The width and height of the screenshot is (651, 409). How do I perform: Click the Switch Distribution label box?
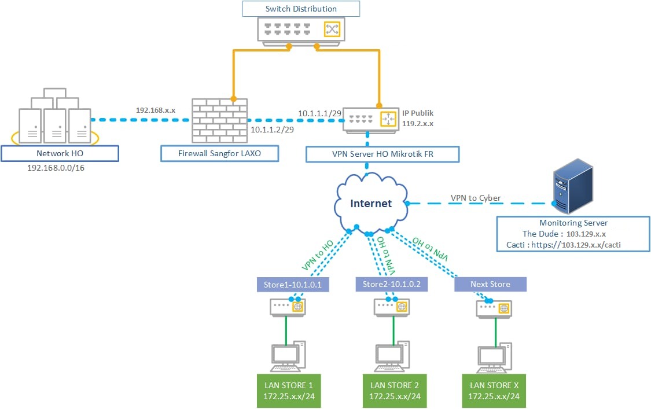[301, 9]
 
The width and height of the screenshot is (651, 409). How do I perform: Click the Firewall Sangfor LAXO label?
[220, 153]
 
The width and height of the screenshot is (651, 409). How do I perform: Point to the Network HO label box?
[60, 153]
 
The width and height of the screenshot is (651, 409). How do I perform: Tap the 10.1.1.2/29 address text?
[272, 130]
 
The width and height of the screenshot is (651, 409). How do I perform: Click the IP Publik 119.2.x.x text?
[418, 118]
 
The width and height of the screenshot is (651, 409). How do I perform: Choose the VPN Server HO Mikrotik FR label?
[382, 154]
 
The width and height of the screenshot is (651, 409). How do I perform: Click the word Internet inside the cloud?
[371, 203]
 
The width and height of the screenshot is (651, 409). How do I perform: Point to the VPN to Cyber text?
[476, 198]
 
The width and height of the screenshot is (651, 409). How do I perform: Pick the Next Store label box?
[490, 284]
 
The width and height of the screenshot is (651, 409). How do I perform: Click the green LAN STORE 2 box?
[394, 391]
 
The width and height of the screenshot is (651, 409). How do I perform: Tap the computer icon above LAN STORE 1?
[288, 356]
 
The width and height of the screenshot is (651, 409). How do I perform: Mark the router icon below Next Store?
[494, 309]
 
